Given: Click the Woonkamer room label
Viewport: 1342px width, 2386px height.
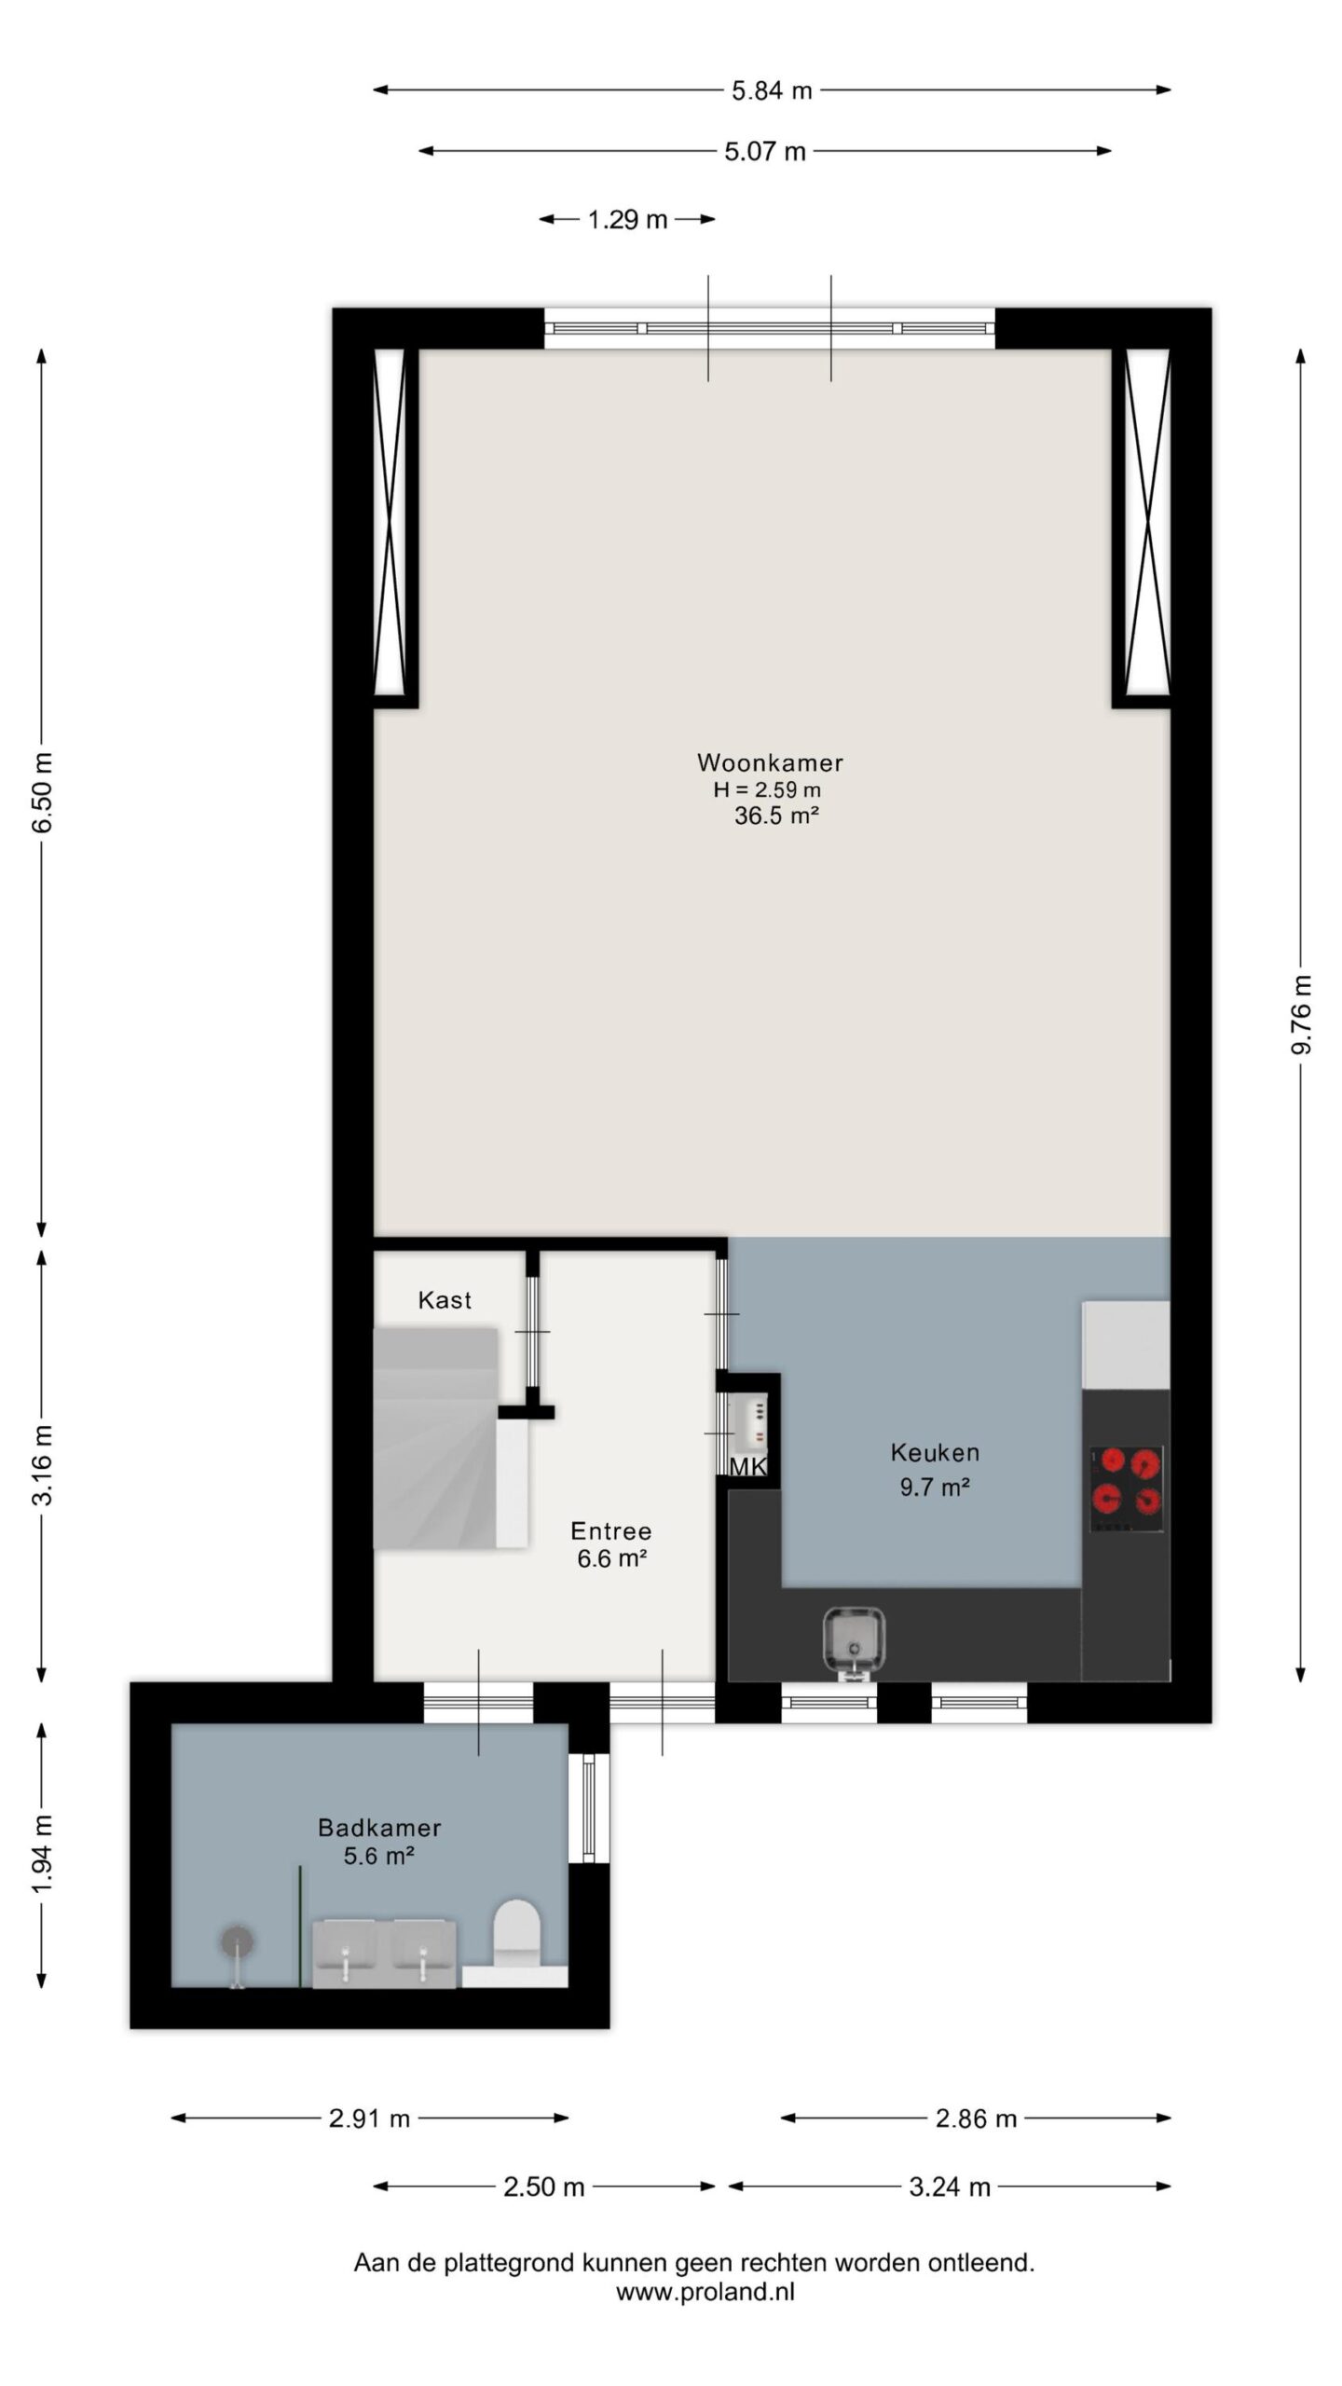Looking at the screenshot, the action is [770, 762].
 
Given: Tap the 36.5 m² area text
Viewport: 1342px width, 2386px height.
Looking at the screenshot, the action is [776, 816].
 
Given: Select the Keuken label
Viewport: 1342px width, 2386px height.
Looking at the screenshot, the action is [935, 1452].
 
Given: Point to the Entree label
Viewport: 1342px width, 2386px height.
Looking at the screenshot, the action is [610, 1530].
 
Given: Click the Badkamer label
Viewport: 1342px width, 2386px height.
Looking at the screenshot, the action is [379, 1828].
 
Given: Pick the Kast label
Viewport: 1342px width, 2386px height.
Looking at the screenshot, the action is [445, 1300].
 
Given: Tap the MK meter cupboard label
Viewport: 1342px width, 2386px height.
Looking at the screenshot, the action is [747, 1467].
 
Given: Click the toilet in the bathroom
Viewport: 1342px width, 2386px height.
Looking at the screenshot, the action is [517, 1933].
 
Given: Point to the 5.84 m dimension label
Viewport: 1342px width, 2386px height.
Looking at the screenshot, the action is [772, 90].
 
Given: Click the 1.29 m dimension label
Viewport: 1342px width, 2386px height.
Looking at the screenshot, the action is [627, 220].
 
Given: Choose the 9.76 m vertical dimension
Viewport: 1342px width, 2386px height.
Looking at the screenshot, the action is [1302, 1015].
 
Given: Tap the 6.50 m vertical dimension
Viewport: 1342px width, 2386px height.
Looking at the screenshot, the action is [42, 792].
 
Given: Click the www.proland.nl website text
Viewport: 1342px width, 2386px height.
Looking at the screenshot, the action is [705, 2292].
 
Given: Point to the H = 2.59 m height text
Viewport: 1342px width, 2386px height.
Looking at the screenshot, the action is [767, 789].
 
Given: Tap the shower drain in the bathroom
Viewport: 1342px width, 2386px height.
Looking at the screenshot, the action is [237, 1941].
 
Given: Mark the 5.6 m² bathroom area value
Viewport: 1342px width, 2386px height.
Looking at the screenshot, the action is [378, 1856].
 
